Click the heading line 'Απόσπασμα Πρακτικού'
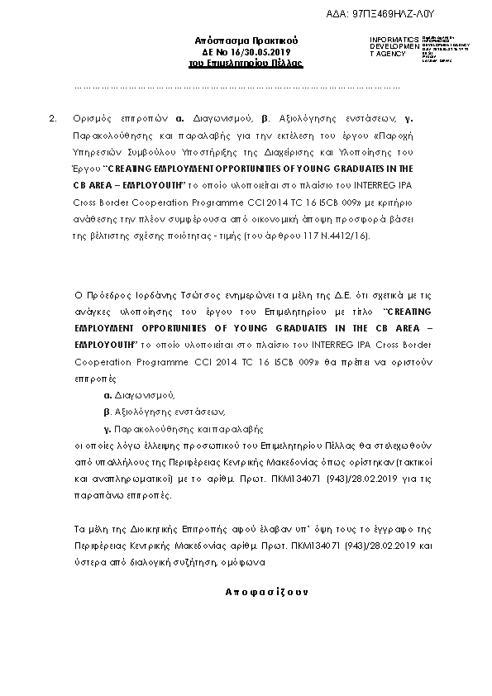[x=246, y=41]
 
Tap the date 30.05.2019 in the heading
[x=265, y=51]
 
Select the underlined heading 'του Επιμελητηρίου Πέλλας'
[x=246, y=62]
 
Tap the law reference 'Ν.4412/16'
[x=347, y=236]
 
